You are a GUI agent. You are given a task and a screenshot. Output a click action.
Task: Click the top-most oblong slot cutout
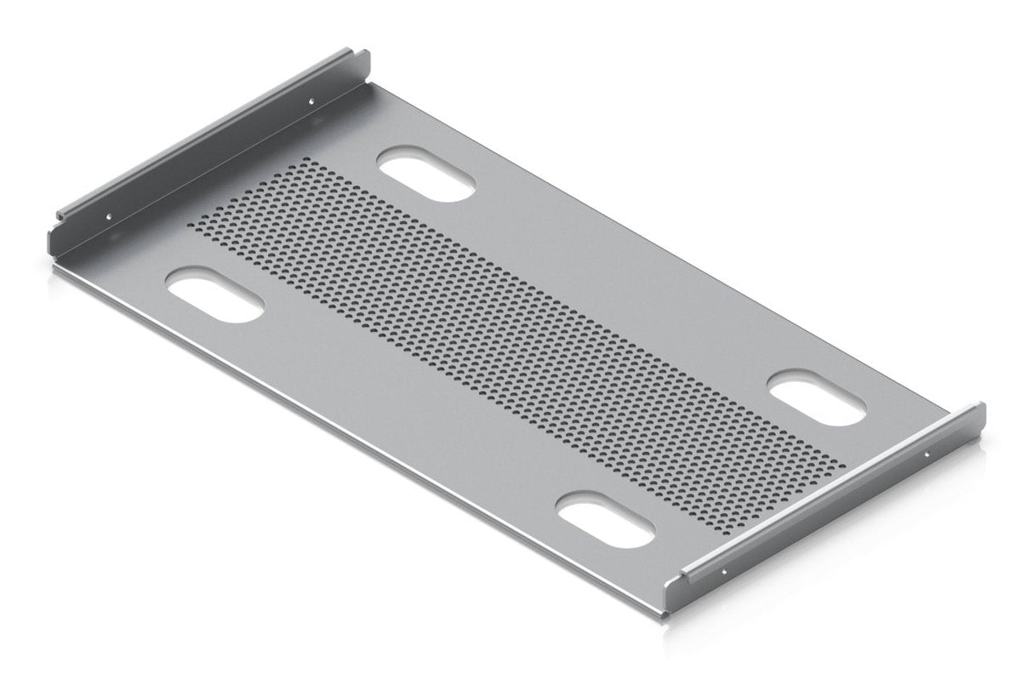tap(426, 174)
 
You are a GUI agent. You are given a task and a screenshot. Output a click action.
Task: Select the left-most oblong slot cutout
tap(215, 294)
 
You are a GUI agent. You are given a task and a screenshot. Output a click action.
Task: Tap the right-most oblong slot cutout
tap(818, 397)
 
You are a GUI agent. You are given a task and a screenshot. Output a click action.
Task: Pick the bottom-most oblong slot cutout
tap(606, 520)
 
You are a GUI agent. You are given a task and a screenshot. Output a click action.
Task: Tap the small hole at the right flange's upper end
tap(927, 454)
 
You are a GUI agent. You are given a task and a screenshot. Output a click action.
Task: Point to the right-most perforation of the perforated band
tap(843, 466)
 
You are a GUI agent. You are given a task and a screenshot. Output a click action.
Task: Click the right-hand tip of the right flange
tap(983, 408)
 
